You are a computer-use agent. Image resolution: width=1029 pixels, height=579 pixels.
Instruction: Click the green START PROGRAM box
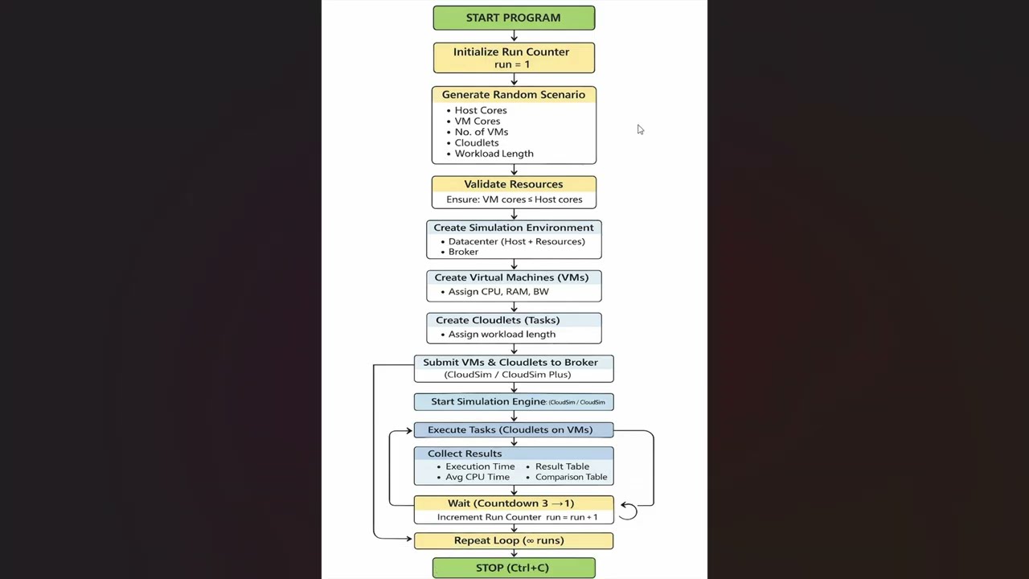514,18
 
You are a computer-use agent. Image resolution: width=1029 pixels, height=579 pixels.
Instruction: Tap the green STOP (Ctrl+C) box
514,568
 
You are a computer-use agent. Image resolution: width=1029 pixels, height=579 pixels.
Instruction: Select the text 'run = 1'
512,64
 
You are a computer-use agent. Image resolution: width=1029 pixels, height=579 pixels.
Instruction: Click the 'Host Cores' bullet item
480,110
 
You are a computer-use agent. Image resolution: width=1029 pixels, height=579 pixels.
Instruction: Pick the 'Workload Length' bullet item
494,154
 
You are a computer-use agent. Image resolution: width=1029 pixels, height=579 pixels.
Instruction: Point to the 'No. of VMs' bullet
481,132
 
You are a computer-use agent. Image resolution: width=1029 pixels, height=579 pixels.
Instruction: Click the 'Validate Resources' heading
513,184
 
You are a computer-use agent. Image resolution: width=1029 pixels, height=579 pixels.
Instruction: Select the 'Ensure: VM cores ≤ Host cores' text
514,199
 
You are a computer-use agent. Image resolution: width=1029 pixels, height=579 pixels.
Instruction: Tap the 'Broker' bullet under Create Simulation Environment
463,252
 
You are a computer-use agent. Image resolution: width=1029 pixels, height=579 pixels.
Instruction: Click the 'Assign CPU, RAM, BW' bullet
498,292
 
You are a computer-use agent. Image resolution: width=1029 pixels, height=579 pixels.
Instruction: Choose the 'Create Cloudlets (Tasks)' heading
498,320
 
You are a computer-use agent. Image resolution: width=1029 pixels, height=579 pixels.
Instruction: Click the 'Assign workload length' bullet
502,335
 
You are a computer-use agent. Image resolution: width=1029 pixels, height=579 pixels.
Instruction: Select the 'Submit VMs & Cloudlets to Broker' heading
510,363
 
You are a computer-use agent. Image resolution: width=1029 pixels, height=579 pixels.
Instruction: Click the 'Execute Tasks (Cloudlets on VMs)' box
510,429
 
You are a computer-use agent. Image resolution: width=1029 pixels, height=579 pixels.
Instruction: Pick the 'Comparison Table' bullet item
571,477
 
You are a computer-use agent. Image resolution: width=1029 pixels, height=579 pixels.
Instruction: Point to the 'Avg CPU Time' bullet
478,477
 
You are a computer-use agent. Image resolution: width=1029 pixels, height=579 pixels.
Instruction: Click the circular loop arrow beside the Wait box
629,511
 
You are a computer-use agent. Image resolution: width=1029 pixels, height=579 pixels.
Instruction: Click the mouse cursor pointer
640,129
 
